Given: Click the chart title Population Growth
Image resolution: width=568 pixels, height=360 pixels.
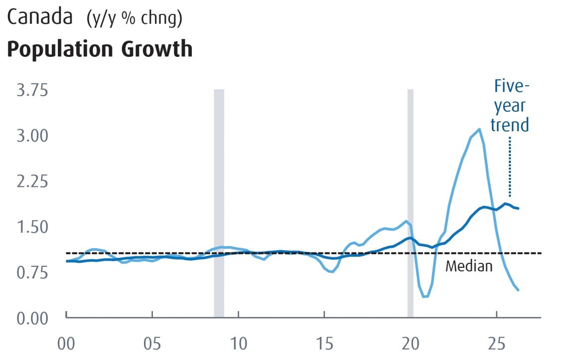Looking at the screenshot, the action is (x=100, y=49).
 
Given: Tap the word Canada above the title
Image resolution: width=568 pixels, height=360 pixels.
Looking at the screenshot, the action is (x=40, y=17).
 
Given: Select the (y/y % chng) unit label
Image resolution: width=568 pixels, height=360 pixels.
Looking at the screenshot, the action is (x=135, y=18).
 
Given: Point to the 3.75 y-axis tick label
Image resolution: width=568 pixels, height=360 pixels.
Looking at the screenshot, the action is (x=32, y=90).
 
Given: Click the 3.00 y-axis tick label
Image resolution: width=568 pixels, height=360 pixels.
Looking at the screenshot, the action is (x=32, y=136).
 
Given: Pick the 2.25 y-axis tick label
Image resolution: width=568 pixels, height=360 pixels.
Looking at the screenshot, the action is (x=32, y=181).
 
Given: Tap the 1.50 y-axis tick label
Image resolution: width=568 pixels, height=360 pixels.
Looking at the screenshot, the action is (x=32, y=227).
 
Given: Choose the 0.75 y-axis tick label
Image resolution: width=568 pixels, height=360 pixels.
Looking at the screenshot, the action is (x=32, y=273).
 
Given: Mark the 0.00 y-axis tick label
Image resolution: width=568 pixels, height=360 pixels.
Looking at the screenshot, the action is (x=32, y=318).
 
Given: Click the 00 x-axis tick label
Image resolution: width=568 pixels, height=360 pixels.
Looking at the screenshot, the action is (x=66, y=344).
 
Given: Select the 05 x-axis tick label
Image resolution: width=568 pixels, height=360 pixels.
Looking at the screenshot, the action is (x=152, y=344).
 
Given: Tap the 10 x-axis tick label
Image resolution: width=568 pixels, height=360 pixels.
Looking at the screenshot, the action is (x=238, y=344).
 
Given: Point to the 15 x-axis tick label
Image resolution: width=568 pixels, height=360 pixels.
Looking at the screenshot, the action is (x=324, y=344).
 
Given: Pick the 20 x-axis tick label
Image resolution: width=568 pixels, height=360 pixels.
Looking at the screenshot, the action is (x=411, y=344).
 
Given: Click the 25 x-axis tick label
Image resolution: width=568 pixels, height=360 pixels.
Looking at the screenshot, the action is (x=496, y=344).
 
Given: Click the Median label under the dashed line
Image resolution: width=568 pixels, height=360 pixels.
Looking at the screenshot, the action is (x=469, y=266).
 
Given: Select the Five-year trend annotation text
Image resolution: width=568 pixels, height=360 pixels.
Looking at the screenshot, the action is (x=510, y=106).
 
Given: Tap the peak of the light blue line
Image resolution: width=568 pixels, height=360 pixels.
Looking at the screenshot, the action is (x=480, y=129).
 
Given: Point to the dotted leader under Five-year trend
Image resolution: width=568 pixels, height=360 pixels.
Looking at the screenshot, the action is (x=510, y=167).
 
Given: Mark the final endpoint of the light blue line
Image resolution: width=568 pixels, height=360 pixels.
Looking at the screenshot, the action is (x=518, y=290).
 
